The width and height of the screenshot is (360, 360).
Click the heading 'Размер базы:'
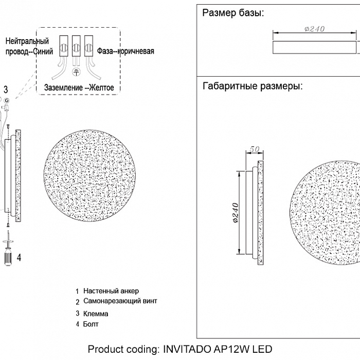(x=233, y=13)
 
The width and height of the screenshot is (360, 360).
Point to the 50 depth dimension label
(x=253, y=149)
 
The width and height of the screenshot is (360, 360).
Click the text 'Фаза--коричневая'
(x=125, y=51)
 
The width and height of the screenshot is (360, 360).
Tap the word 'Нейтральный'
(x=27, y=41)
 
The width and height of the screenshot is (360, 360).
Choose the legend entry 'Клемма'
(x=95, y=313)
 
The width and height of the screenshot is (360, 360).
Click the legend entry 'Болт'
(x=90, y=324)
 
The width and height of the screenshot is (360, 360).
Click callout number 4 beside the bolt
(x=19, y=258)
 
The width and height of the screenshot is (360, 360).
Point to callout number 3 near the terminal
(x=6, y=89)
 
